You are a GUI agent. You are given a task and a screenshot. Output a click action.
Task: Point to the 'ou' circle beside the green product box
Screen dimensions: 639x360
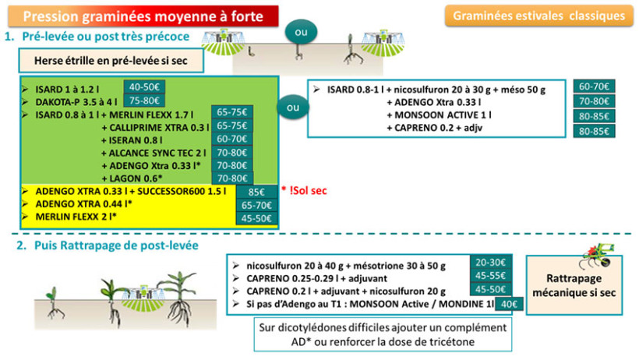[x=293, y=107]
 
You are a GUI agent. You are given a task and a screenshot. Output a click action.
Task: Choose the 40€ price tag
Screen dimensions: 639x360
[x=509, y=304]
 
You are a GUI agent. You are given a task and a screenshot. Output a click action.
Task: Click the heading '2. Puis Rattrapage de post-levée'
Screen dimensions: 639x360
[x=101, y=245]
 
